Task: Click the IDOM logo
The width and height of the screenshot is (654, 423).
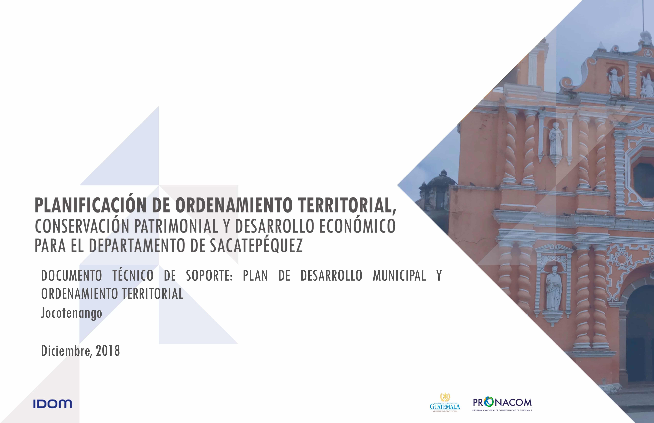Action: [52, 404]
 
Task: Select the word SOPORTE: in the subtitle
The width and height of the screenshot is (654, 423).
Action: [209, 275]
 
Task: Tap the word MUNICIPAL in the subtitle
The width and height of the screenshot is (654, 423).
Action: [399, 275]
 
